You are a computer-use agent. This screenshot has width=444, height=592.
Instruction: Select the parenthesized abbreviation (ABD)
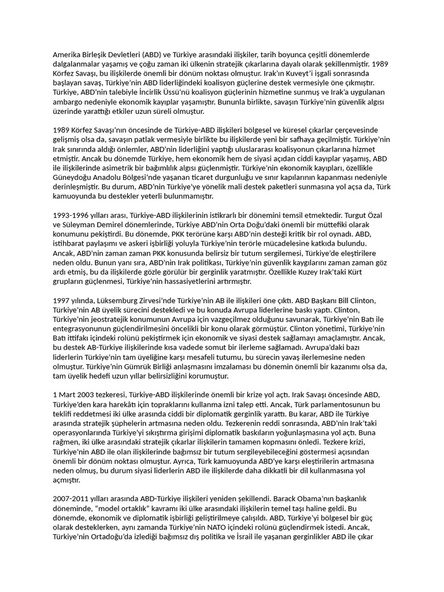click(161, 54)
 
